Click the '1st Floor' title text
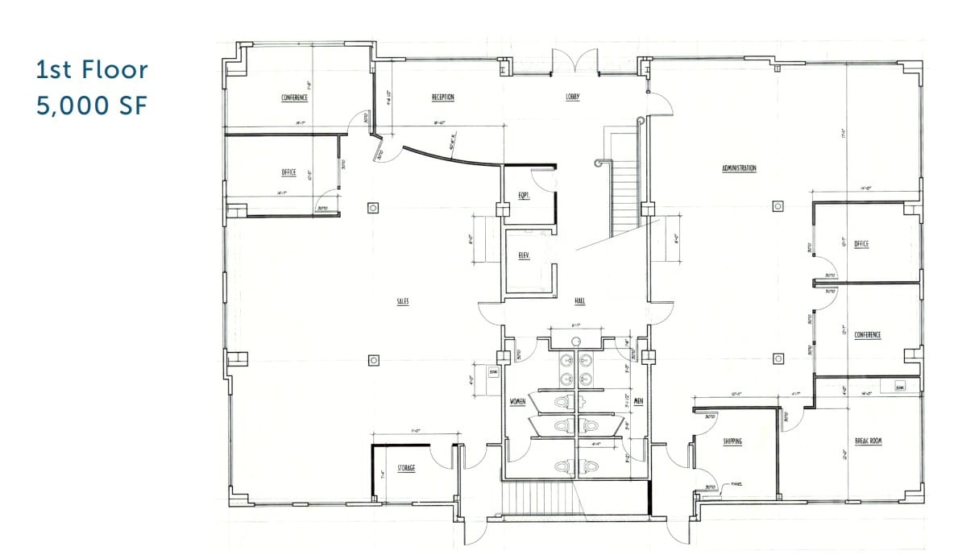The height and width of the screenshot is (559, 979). [92, 70]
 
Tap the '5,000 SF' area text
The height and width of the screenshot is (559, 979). [92, 106]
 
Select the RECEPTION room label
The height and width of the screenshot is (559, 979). [442, 97]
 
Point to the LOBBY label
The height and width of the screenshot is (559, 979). [573, 97]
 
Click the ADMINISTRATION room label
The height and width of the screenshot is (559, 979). [739, 168]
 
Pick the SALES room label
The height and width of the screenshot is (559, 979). [403, 301]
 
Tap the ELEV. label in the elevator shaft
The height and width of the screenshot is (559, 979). [524, 257]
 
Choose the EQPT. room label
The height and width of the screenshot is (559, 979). [523, 194]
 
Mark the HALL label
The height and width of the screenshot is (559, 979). [579, 301]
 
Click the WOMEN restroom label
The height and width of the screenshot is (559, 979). [518, 400]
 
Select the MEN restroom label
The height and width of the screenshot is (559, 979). [638, 400]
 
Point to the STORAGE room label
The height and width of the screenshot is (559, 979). [406, 468]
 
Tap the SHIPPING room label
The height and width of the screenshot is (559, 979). [732, 441]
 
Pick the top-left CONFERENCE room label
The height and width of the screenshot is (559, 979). [294, 98]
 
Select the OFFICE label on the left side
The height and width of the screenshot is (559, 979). [288, 172]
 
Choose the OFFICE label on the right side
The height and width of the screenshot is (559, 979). [861, 244]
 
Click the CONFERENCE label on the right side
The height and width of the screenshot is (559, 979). [868, 334]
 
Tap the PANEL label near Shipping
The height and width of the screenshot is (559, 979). [736, 484]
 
